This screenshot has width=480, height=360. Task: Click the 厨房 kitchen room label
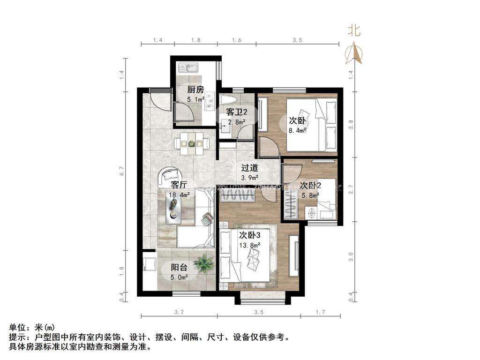[x=195, y=90]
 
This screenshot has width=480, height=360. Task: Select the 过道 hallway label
[x=249, y=168]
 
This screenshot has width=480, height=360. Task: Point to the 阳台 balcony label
[x=179, y=268]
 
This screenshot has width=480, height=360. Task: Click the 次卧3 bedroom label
[x=249, y=235]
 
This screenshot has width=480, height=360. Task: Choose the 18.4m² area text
[x=180, y=195]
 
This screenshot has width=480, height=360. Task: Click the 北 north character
[x=354, y=31]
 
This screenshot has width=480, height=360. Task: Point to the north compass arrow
[x=354, y=53]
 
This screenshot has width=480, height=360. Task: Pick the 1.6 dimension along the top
[x=237, y=40]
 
